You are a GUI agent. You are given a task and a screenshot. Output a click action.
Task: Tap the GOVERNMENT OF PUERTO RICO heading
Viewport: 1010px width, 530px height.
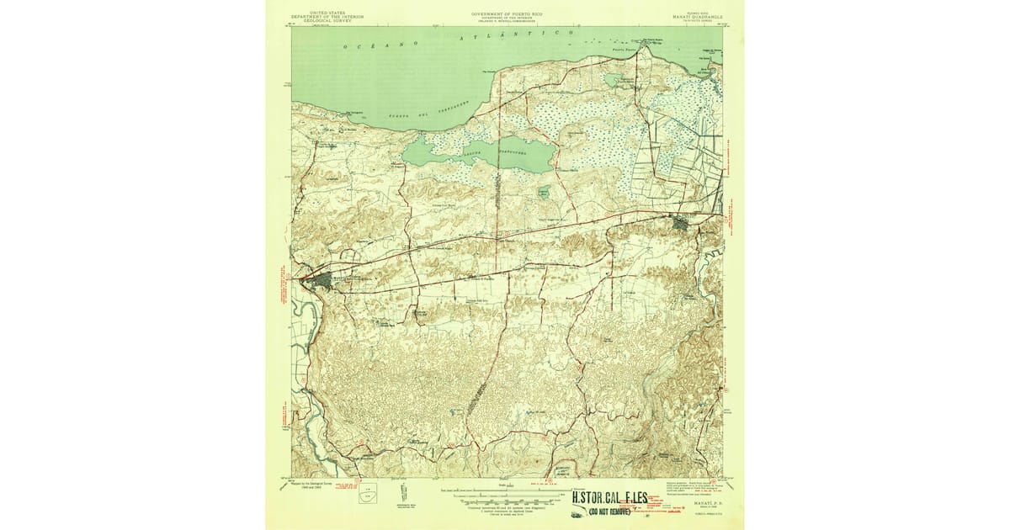click(x=505, y=15)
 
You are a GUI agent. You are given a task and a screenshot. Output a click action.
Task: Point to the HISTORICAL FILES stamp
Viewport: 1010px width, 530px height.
click(x=609, y=497)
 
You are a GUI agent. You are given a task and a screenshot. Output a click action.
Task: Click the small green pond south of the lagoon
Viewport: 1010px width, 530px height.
click(x=544, y=193)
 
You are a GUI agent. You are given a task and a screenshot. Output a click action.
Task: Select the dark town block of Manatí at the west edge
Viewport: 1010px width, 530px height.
click(x=320, y=279)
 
